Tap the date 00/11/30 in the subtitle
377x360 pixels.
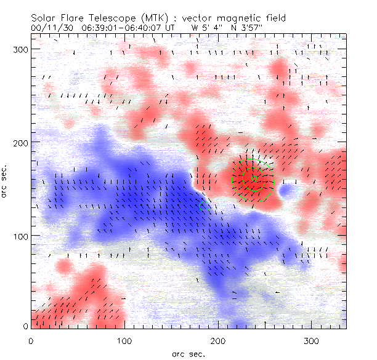[x=51, y=28]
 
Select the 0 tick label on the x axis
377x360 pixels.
[x=31, y=341]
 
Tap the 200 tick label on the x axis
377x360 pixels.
[x=218, y=341]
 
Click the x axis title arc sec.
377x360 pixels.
[x=188, y=353]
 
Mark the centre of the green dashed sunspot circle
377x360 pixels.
[x=252, y=180]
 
